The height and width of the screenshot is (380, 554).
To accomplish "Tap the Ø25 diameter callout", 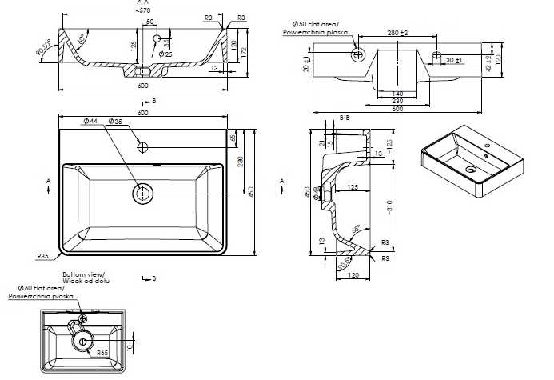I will point(166,54).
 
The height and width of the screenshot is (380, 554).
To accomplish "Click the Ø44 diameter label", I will point(90,122).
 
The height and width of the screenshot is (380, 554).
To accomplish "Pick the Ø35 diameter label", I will point(115,122).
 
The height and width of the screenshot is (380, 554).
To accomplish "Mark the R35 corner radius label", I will point(44,256).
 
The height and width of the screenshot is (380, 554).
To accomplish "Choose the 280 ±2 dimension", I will point(397,34).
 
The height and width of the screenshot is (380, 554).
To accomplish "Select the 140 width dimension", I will point(397,94).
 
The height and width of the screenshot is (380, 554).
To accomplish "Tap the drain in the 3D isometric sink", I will point(471,170).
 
